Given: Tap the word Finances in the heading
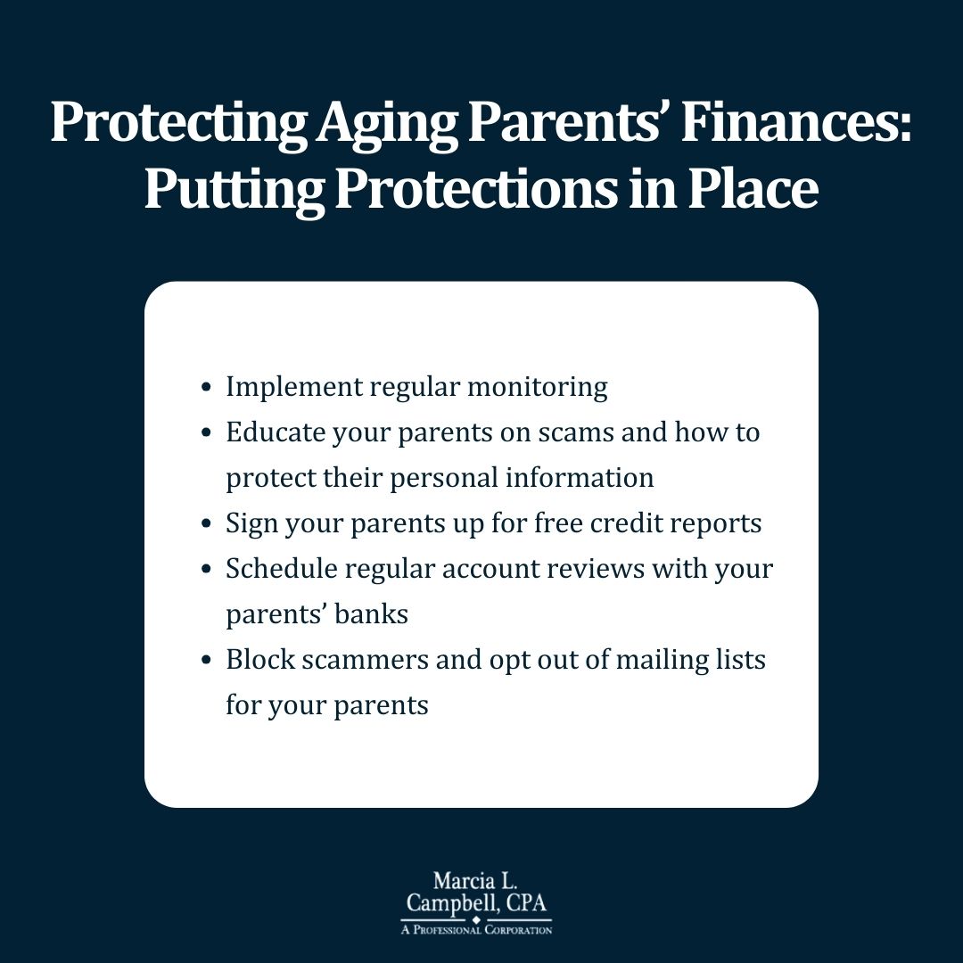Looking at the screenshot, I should (x=797, y=124).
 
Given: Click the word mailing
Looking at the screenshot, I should (x=646, y=660).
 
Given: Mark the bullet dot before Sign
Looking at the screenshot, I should (x=207, y=524).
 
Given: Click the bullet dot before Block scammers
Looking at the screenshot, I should (x=207, y=661).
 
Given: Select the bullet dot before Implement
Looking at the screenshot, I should (x=207, y=388).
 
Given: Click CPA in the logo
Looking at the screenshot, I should (x=530, y=902).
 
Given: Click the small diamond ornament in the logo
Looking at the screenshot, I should (x=475, y=921).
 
